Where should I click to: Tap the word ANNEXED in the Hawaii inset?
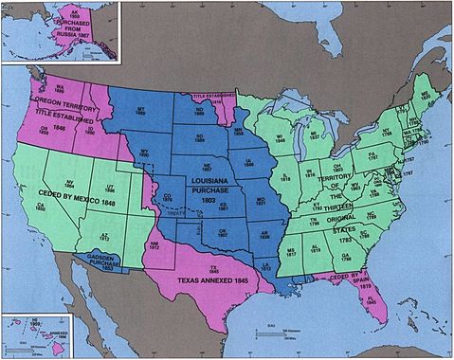click(53, 333)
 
